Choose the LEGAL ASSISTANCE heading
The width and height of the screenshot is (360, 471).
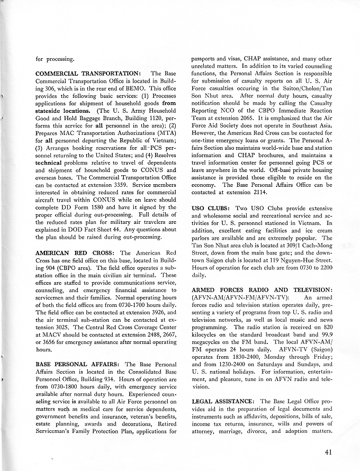tap(224, 402)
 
